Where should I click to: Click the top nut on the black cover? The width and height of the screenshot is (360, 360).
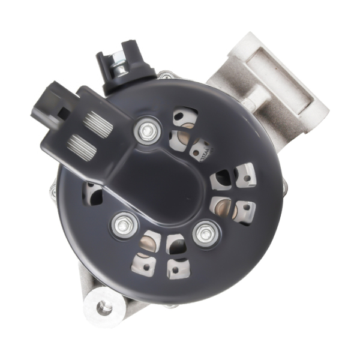(146, 129)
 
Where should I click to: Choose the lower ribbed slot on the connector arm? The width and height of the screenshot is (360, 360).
(80, 144)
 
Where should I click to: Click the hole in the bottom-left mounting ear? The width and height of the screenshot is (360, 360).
(104, 308)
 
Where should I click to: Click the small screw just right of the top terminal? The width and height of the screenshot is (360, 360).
(165, 76)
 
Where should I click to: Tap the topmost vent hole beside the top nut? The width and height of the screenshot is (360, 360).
(184, 116)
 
